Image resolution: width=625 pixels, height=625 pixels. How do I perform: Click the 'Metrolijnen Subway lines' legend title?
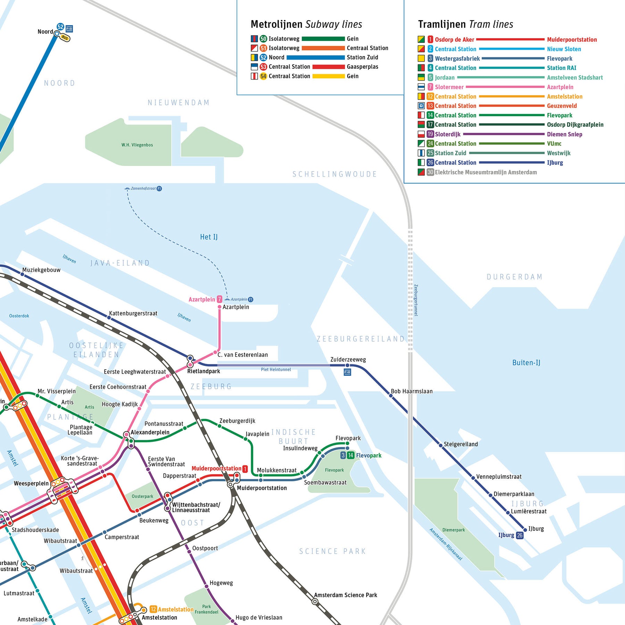coord(306,24)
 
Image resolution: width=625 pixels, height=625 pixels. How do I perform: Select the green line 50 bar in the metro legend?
coord(323,39)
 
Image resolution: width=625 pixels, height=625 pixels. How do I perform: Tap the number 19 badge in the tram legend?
coord(430,134)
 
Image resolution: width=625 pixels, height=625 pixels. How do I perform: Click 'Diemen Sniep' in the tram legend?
coord(565,134)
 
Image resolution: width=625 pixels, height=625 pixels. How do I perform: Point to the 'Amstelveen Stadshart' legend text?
coord(575,78)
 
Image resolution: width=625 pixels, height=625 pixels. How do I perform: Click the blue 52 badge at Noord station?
coord(60,27)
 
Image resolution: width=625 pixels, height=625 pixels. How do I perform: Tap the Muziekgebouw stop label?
coord(41,270)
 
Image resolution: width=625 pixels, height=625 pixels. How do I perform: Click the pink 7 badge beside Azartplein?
coord(219,299)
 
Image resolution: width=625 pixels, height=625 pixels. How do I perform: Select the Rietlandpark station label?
coord(203,371)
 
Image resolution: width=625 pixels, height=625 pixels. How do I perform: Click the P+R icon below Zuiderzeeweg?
coord(347,372)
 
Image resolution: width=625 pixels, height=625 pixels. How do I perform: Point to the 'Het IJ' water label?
coord(209,237)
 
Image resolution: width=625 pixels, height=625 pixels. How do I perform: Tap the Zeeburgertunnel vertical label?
coord(416,300)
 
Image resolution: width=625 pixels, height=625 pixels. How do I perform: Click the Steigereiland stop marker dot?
coord(441,445)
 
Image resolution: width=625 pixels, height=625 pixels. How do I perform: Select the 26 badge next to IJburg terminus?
coord(519,535)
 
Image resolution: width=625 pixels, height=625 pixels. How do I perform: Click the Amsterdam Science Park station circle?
coord(315,602)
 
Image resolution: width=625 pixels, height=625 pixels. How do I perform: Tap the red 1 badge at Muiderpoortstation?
coord(245,469)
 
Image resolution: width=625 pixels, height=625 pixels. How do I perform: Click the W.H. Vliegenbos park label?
coord(137,145)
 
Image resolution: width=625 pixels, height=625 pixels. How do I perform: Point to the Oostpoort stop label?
coord(205,548)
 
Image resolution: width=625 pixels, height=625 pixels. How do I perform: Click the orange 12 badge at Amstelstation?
coord(153,609)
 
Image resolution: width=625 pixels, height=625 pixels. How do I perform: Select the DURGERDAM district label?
coord(515,277)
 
